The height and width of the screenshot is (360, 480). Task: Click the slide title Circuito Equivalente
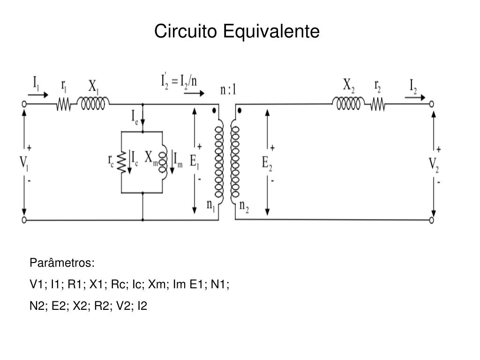237,31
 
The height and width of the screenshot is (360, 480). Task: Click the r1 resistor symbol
64,104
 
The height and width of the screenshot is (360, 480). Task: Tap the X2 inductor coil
348,103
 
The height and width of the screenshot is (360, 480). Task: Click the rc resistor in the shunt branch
121,162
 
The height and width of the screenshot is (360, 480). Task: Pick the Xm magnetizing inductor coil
163,162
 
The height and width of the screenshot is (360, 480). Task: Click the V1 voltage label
23,163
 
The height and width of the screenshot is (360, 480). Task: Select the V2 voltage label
434,165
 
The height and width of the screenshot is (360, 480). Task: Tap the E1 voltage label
195,161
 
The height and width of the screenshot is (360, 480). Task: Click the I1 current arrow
38,94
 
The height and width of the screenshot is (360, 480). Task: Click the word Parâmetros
62,262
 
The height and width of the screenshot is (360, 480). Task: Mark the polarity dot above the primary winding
214,111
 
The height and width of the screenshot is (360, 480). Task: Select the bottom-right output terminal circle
432,219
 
